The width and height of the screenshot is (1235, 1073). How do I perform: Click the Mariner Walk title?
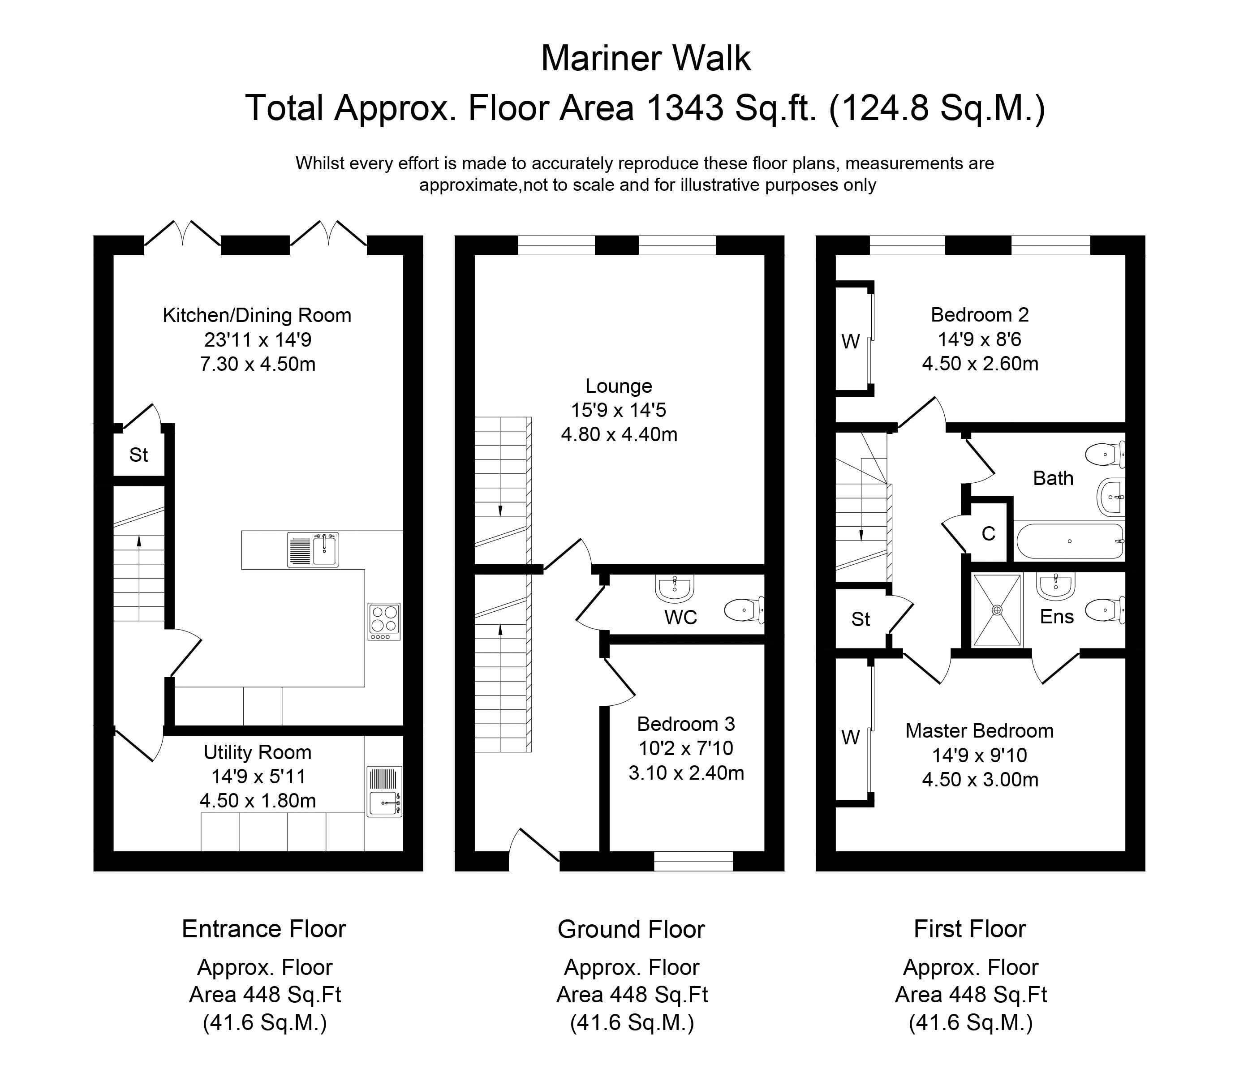[645, 59]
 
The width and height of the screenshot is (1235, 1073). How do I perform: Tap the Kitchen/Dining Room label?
[257, 316]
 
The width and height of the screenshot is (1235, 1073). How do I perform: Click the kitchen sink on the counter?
[313, 549]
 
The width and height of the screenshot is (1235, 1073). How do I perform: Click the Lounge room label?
[619, 386]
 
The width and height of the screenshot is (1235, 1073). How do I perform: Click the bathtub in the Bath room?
[1070, 541]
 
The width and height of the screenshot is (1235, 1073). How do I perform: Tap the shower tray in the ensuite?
[997, 609]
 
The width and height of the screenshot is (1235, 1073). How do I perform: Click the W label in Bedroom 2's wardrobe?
[851, 342]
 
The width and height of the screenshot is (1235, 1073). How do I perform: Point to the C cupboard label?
[988, 533]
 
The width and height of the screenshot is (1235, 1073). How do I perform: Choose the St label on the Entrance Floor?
[138, 455]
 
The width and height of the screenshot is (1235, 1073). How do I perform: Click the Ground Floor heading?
[631, 929]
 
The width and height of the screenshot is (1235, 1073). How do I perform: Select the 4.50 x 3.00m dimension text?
[980, 780]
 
